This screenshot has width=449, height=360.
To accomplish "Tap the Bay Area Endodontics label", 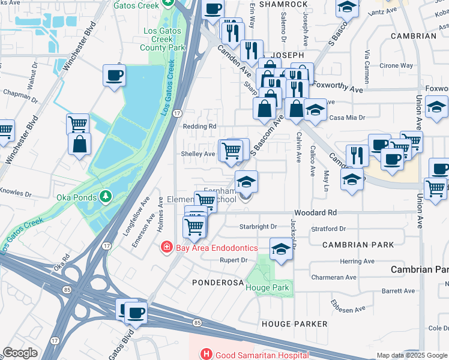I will tap(216, 248).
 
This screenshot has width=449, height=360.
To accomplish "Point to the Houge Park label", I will tap(267, 287).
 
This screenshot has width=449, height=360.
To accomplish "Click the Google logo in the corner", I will tap(19, 353).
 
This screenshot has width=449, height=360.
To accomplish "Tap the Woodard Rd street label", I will tap(315, 213).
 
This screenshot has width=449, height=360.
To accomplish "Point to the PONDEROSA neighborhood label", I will tap(216, 281).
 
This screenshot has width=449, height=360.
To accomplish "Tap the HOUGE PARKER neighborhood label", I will tap(295, 324).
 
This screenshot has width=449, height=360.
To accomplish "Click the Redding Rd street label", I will tap(199, 127).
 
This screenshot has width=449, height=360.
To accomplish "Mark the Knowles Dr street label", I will tap(16, 193).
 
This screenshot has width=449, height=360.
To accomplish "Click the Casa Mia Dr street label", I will tap(346, 117).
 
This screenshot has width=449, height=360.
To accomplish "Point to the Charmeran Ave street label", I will tap(334, 277).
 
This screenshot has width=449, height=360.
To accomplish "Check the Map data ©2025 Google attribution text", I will tap(412, 355).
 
